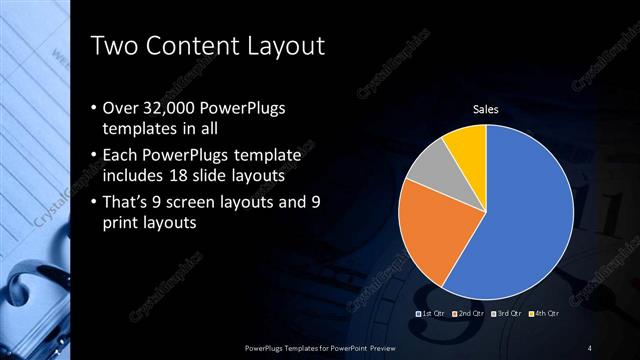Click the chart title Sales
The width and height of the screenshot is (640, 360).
point(486,110)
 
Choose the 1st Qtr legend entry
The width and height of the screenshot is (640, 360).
point(431,314)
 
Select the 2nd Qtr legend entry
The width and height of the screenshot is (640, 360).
point(468,314)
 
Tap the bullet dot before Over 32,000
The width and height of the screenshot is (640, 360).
point(94,108)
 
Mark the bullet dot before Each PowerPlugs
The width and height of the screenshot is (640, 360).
point(94,156)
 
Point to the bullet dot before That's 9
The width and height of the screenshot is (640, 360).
point(94,204)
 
